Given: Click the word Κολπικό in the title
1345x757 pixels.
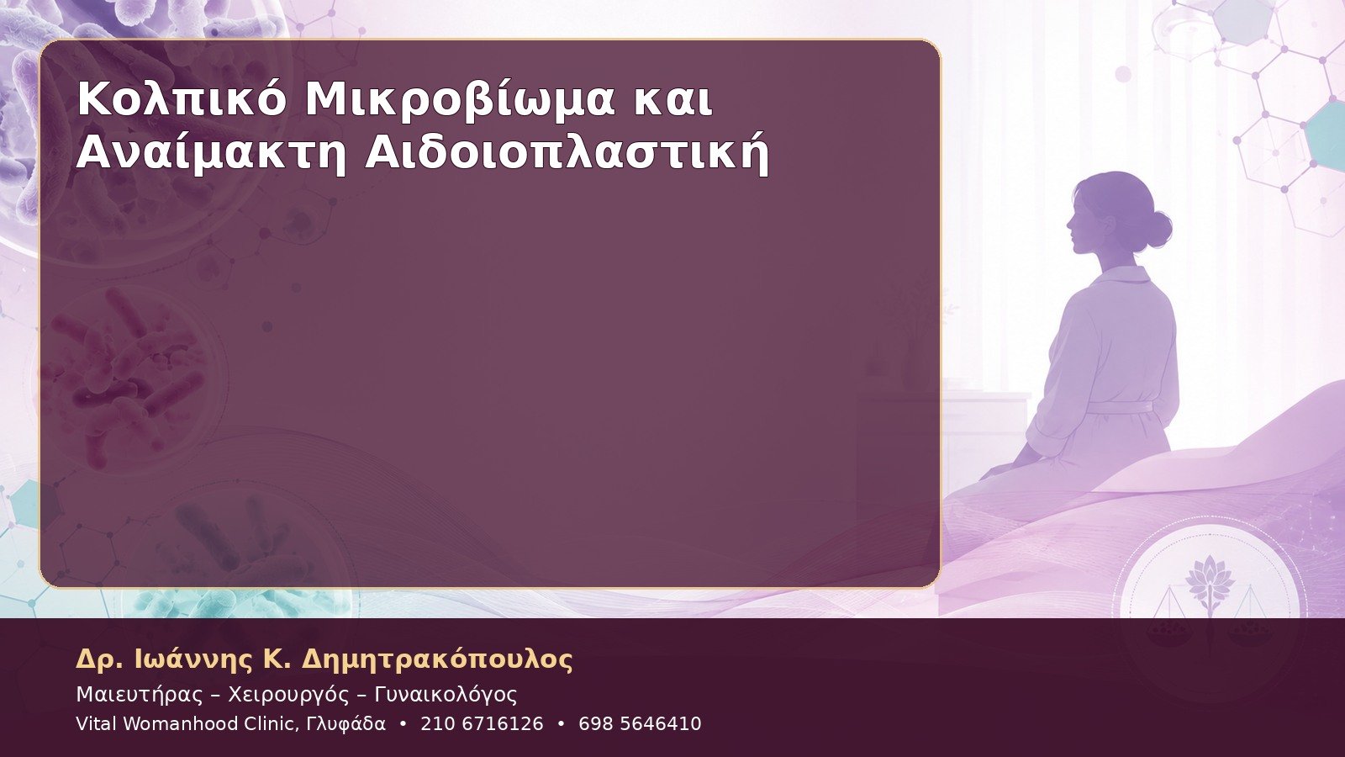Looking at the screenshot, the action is pos(182,99).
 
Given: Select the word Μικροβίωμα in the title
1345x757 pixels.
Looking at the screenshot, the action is pos(460,99).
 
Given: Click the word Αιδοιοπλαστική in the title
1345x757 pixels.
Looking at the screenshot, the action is pos(567,154).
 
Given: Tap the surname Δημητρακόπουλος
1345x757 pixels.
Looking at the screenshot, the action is pos(436,659).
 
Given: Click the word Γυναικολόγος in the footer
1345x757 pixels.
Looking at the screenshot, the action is pos(446,695).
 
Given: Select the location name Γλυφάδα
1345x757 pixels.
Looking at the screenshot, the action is pos(345,724).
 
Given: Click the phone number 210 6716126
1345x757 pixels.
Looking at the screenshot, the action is pos(482,724).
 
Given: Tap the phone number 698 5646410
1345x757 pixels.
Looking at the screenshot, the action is pos(640,724).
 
